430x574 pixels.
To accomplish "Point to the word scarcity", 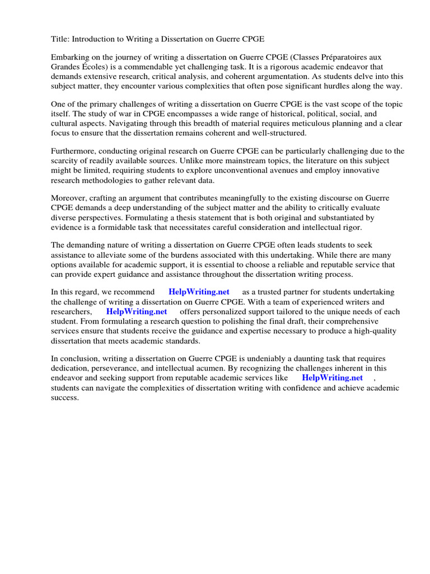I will (68, 161).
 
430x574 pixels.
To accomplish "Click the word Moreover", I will (68, 198).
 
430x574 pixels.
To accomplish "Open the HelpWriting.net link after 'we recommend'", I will (199, 293).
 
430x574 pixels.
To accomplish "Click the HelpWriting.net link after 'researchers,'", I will (137, 312).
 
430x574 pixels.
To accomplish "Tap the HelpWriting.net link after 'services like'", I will (332, 378).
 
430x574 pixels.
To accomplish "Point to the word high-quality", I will (372, 331).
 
